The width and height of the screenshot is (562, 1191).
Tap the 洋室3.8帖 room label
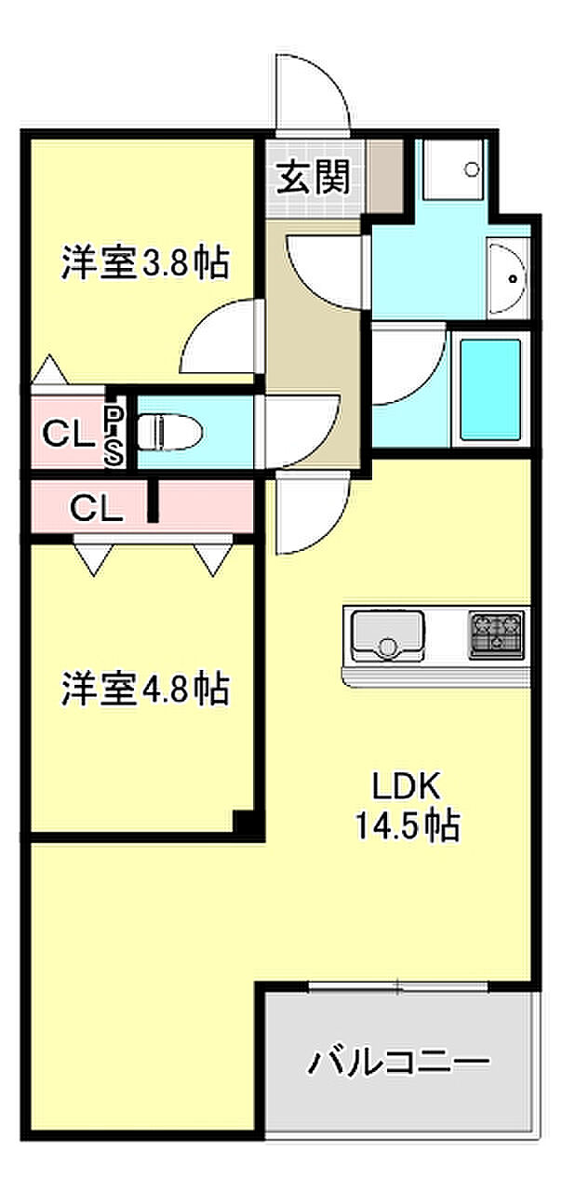tap(144, 263)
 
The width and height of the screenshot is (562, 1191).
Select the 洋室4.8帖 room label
tap(144, 689)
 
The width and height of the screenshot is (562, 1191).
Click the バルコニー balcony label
tap(400, 1062)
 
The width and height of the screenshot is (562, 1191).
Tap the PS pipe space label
tap(113, 434)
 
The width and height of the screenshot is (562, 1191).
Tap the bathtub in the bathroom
tap(489, 390)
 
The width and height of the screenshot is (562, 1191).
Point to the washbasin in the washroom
tap(508, 275)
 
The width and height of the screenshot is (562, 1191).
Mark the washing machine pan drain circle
tap(471, 170)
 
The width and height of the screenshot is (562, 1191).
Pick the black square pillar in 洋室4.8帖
tap(244, 822)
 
